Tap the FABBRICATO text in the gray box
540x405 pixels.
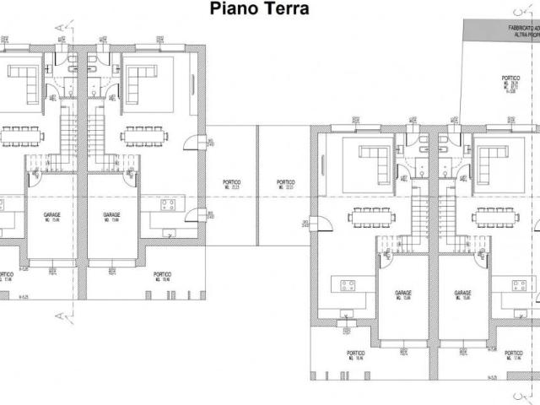522,28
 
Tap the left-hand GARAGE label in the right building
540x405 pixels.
403,294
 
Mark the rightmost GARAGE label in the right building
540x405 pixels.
462,294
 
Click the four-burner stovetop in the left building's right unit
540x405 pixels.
167,205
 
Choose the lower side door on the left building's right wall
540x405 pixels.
196,217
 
